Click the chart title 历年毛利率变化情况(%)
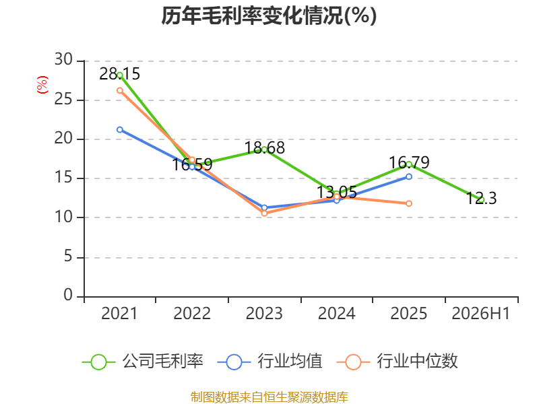pos(269,15)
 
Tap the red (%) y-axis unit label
pos(42,85)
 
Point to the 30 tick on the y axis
pos(63,60)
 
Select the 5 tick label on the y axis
pos(69,257)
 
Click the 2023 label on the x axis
pos(264,313)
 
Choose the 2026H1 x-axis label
pos(480,313)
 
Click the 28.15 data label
pos(120,74)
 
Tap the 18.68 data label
pos(264,147)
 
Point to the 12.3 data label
pos(481,198)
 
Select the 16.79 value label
pos(409,162)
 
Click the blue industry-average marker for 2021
pos(120,129)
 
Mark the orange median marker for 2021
pos(120,90)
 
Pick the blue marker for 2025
pos(409,176)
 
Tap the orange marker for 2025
pos(409,203)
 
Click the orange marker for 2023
pos(264,213)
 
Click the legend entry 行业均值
pos(270,362)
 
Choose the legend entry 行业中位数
pos(398,362)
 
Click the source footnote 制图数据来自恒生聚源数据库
pos(269,397)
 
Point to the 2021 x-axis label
pos(119,313)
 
